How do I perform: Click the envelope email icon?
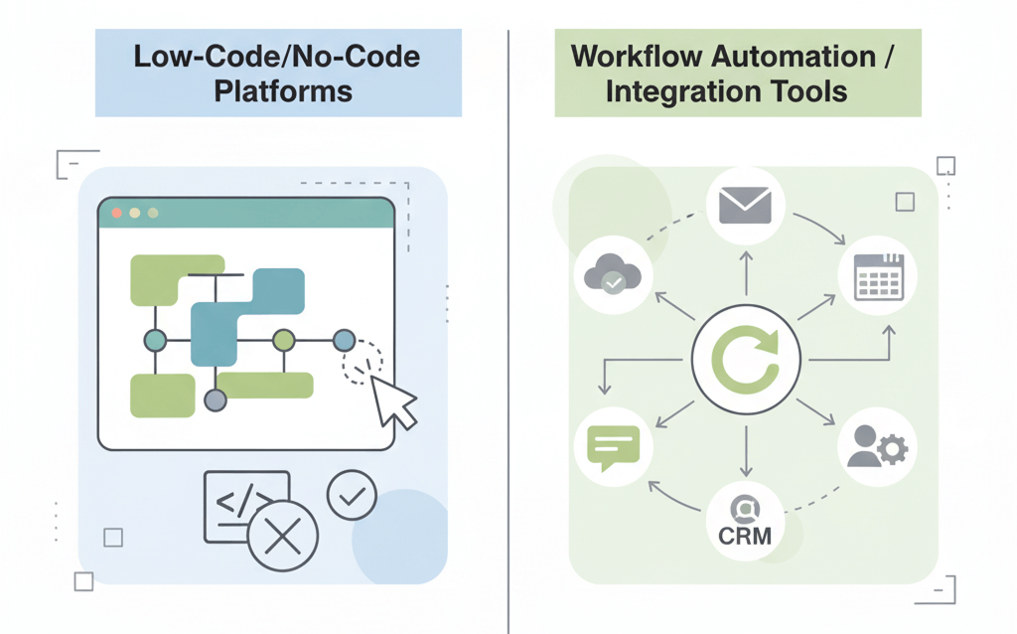click(x=745, y=205)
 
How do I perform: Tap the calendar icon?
click(x=877, y=276)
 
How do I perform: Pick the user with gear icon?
click(x=877, y=447)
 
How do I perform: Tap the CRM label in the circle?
click(x=745, y=537)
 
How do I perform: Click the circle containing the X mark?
click(x=283, y=538)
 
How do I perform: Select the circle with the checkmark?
click(x=352, y=495)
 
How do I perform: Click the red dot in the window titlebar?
click(x=117, y=213)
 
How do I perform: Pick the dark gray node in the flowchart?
click(x=215, y=400)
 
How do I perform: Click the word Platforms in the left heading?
click(x=283, y=91)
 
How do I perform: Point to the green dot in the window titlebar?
click(x=152, y=213)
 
